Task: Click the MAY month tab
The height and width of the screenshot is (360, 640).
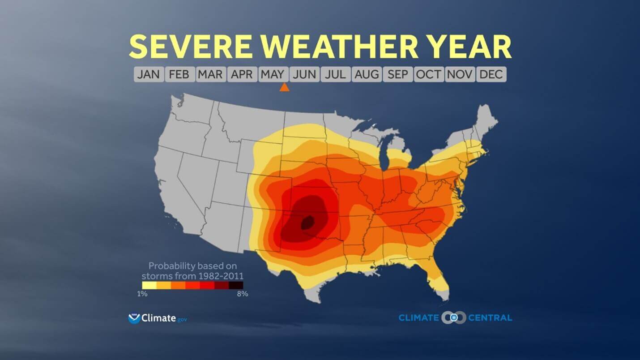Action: click(x=273, y=74)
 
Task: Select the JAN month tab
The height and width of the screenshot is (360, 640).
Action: click(x=149, y=74)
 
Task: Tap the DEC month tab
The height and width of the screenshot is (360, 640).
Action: click(x=491, y=74)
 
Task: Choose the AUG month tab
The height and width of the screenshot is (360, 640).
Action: click(x=367, y=74)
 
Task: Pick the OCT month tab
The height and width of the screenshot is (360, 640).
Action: click(x=428, y=74)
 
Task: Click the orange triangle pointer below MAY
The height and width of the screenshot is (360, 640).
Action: click(x=284, y=87)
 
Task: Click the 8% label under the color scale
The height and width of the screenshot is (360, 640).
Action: click(x=242, y=294)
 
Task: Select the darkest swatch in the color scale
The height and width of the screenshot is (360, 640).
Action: click(x=236, y=285)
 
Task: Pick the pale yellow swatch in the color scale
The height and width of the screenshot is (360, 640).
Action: click(x=149, y=285)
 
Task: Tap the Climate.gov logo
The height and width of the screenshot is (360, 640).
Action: click(x=157, y=318)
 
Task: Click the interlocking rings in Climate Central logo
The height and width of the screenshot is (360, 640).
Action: click(x=453, y=317)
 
